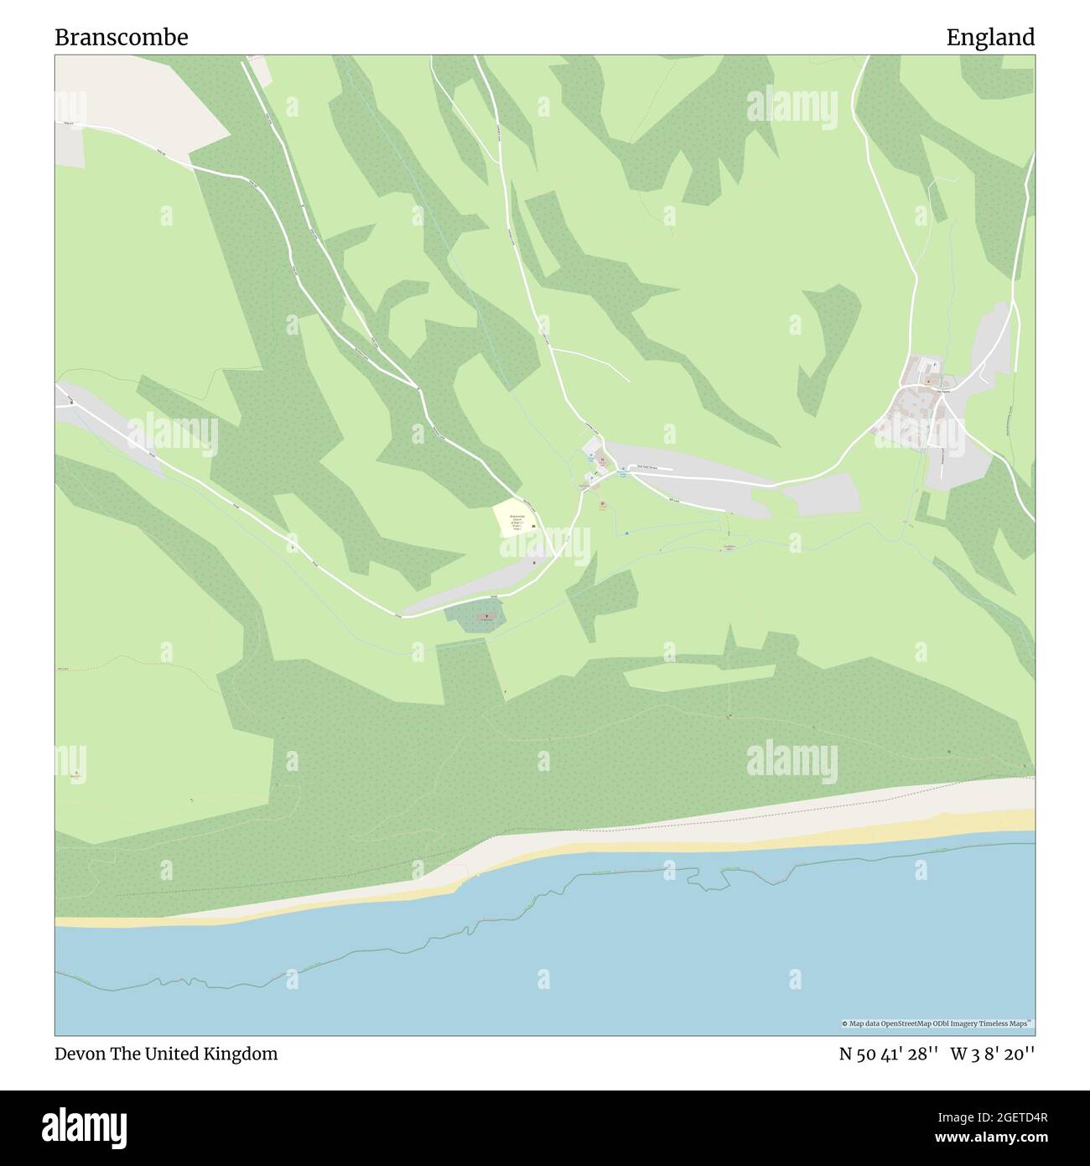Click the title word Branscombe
click(122, 38)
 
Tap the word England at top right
click(990, 38)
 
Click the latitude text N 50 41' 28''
click(888, 1054)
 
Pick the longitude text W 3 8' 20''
click(993, 1054)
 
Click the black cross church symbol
click(486, 617)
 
